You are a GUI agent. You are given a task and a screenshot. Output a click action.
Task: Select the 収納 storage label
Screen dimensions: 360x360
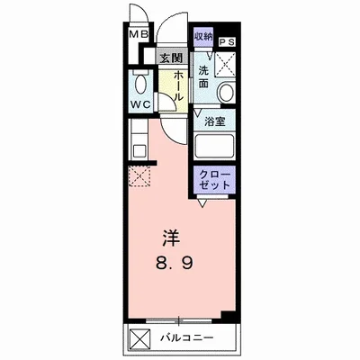202,36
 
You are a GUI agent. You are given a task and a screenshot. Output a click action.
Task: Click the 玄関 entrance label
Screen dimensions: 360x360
170,58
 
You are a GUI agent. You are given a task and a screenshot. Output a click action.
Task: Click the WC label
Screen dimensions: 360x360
140,103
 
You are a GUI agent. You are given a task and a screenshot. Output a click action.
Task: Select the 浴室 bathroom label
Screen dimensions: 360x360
214,121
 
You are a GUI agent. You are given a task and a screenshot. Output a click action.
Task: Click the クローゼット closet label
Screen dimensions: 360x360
213,177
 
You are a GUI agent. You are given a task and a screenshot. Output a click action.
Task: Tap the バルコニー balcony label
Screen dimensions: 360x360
186,340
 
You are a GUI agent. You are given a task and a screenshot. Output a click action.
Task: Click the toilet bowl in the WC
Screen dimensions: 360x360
140,85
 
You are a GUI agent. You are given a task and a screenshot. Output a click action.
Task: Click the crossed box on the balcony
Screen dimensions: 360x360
140,340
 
